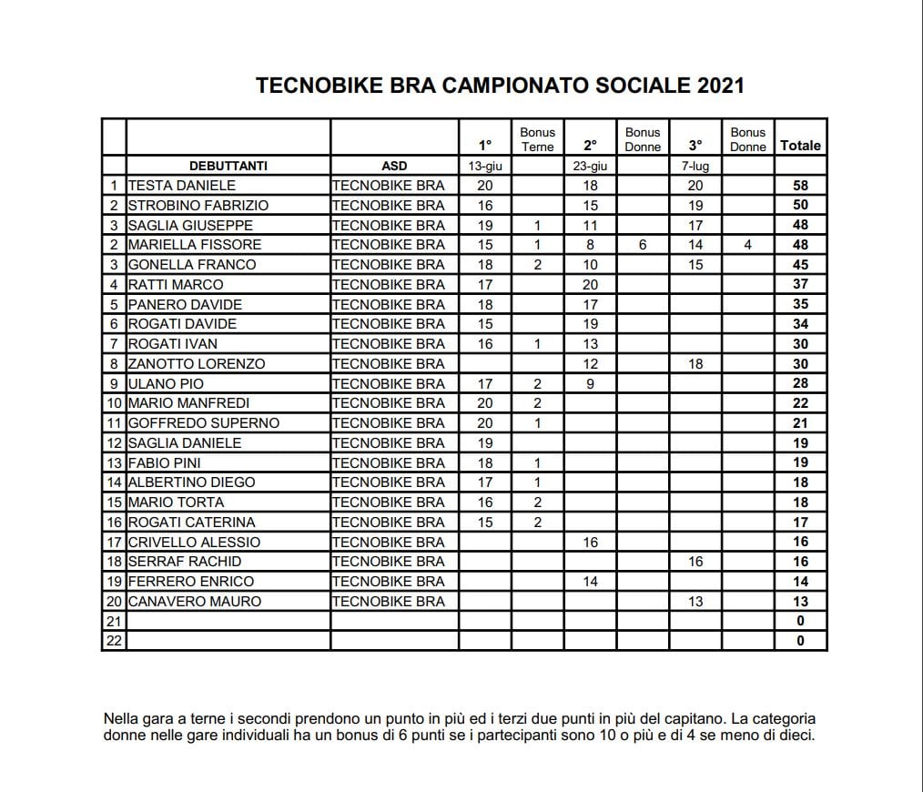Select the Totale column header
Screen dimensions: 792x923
800,146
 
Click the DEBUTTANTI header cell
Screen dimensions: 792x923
228,166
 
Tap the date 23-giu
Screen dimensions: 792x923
590,166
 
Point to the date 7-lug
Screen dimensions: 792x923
695,166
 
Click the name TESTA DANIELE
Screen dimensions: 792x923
182,186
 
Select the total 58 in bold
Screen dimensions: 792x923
800,186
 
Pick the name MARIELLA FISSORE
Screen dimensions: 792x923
195,245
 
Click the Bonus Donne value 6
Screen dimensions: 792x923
643,245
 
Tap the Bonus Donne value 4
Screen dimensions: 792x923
748,245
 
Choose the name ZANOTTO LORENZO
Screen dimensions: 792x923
197,363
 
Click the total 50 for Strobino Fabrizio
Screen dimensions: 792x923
800,206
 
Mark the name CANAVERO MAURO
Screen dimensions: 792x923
195,601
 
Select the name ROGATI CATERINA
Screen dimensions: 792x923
192,522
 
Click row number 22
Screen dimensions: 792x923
114,641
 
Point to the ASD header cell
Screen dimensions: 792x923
394,166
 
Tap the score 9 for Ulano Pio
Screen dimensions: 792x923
590,383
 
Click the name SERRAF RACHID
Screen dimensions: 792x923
185,562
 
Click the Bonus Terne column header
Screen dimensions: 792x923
537,139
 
